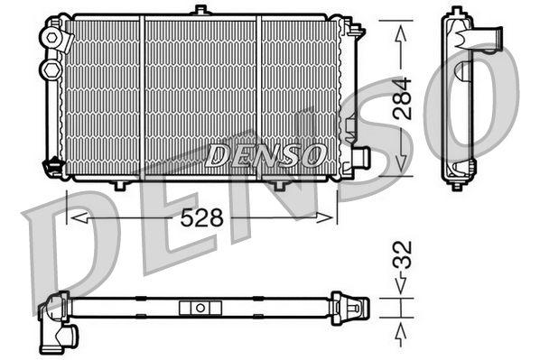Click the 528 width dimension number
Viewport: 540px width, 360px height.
click(x=204, y=217)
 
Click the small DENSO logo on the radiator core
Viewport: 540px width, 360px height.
click(x=265, y=155)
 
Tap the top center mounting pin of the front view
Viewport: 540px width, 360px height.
click(x=200, y=10)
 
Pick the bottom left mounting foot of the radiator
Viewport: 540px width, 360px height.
click(x=117, y=184)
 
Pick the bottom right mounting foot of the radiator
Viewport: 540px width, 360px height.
click(x=279, y=184)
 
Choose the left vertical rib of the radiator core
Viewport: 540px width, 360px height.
click(x=143, y=95)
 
